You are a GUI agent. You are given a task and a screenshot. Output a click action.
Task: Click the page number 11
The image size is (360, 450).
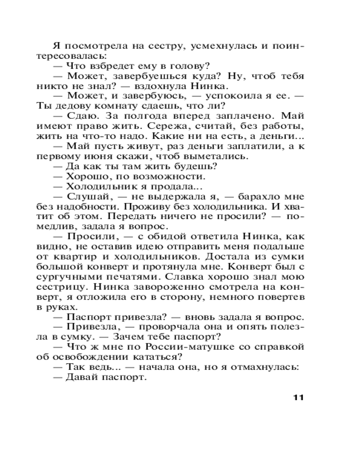[x=298, y=397]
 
